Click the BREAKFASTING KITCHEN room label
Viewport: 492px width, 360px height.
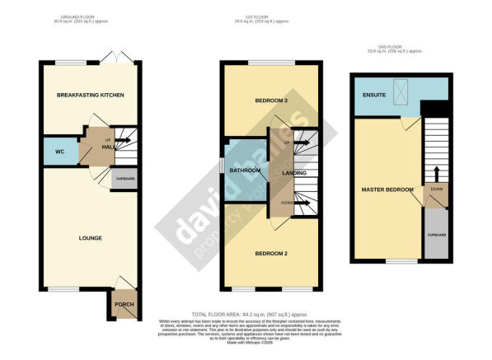coord(90,96)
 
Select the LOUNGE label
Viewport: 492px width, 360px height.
coord(90,239)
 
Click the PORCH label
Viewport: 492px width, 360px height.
coord(122,305)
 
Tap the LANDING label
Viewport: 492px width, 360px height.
coord(294,173)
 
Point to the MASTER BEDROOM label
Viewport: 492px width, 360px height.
coord(387,190)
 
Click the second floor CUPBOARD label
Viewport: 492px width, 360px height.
coord(437,235)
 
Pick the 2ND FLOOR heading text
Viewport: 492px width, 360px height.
coord(399,46)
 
